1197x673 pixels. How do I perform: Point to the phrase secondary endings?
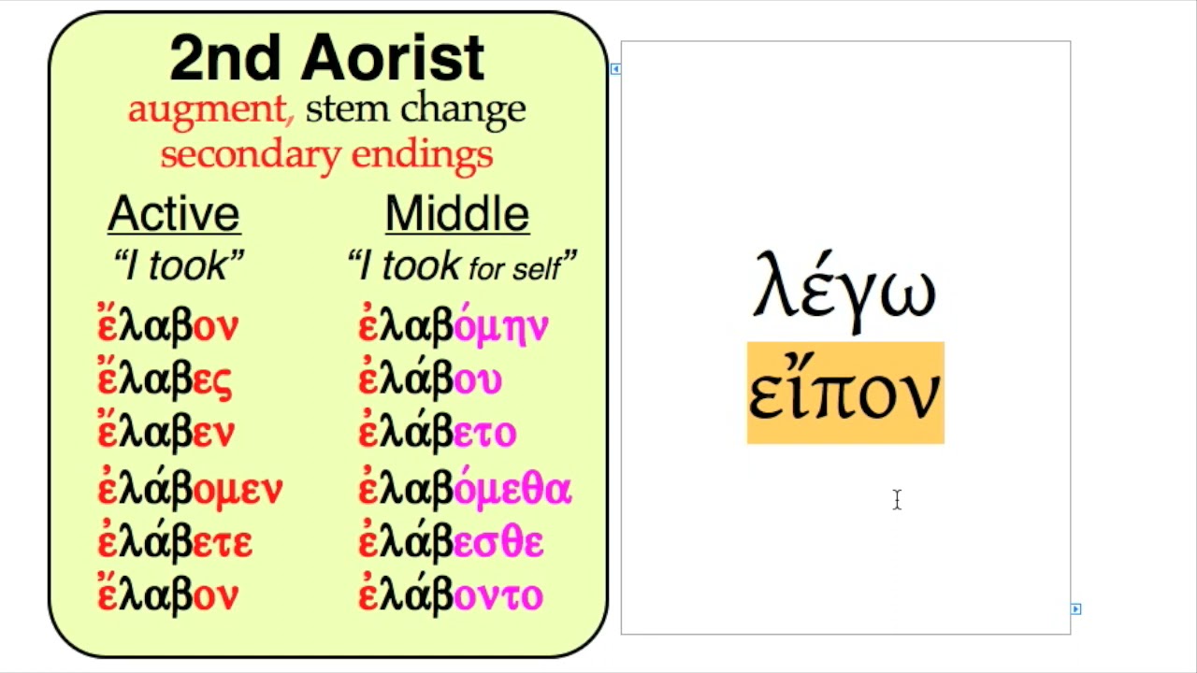(x=326, y=154)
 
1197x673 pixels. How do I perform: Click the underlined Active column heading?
(x=174, y=214)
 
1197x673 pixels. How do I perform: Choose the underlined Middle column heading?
(x=457, y=214)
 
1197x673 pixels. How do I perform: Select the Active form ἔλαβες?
(x=165, y=379)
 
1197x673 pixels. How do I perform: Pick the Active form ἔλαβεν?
(x=166, y=433)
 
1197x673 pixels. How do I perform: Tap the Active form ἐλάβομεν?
(x=190, y=488)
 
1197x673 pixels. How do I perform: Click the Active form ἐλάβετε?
(x=175, y=542)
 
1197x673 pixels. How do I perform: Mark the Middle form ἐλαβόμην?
(x=454, y=326)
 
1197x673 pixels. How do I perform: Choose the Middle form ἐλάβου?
(x=430, y=379)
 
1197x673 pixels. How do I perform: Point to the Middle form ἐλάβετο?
(x=437, y=433)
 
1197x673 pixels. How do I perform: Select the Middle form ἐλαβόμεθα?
(x=465, y=488)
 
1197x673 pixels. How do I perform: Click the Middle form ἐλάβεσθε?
(x=451, y=542)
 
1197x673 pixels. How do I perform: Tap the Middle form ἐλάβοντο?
(x=451, y=595)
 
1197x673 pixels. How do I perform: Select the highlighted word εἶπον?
(x=845, y=394)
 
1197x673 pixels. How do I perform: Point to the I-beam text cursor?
(x=897, y=500)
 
